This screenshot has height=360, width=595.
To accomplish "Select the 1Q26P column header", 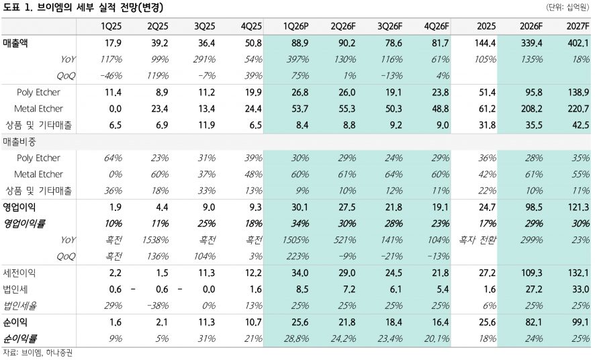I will click(295, 26).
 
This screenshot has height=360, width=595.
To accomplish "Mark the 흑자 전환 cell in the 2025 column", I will click(477, 239).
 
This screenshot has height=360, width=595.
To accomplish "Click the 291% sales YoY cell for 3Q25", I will click(204, 59).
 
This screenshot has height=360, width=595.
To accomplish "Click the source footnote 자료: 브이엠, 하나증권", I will click(37, 353).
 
